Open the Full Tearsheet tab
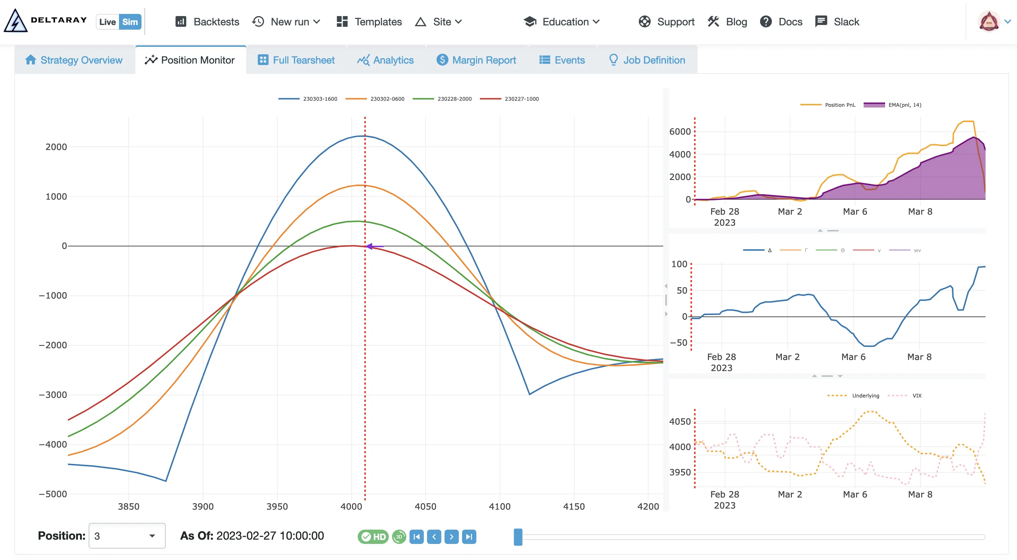(296, 60)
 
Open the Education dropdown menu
(561, 22)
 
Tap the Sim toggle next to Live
(130, 22)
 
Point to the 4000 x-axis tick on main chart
(351, 506)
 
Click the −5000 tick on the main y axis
(53, 494)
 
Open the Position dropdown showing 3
(127, 535)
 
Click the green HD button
(373, 537)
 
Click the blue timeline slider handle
(518, 537)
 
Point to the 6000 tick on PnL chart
(680, 131)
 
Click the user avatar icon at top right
(988, 22)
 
